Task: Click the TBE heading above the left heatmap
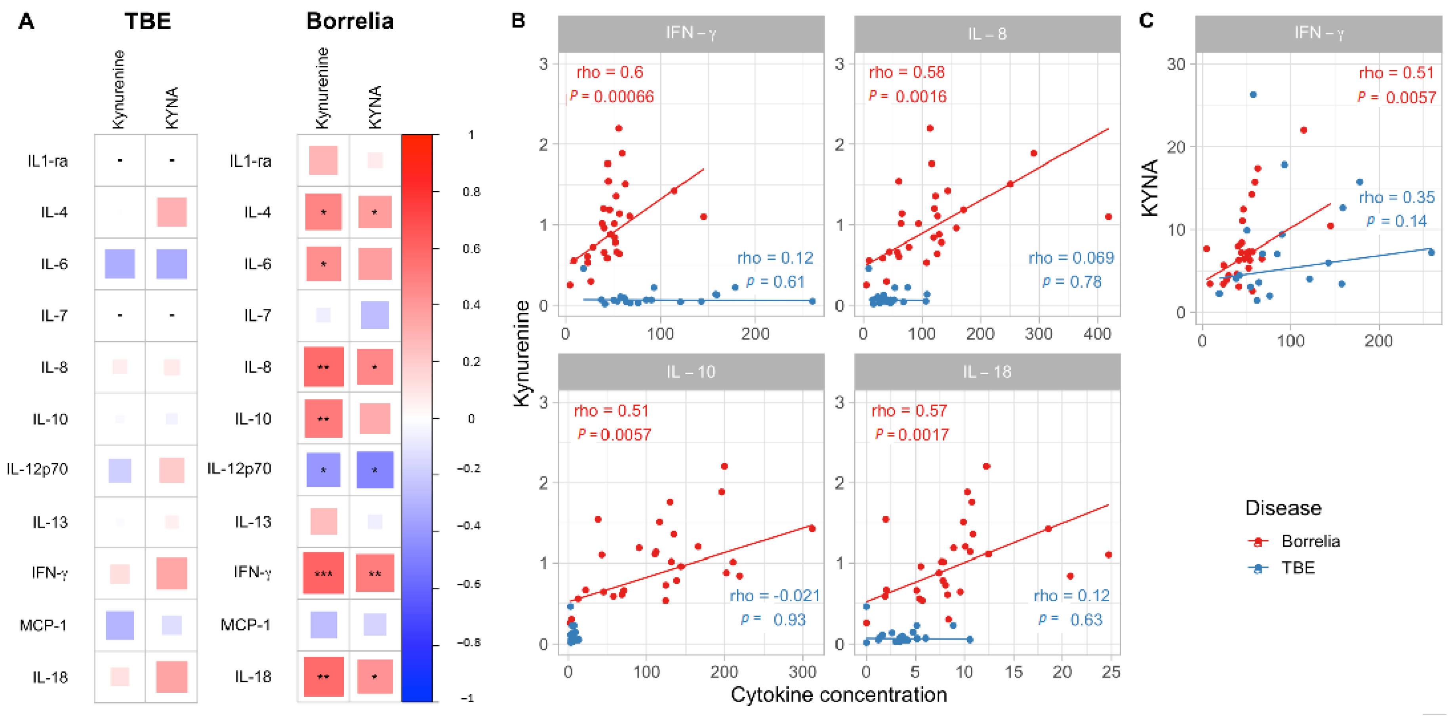click(x=147, y=21)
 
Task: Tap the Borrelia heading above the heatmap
click(x=350, y=21)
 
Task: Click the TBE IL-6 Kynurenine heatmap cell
click(x=120, y=264)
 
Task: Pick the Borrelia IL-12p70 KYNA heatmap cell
click(x=375, y=469)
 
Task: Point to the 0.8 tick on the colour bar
click(x=471, y=192)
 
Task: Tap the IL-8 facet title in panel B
click(x=987, y=34)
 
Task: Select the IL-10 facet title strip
click(x=691, y=372)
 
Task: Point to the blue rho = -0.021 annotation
click(x=774, y=595)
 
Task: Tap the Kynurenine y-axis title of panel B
click(x=522, y=353)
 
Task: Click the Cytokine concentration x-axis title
click(x=839, y=694)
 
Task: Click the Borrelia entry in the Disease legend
click(x=1310, y=541)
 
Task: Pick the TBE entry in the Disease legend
click(x=1298, y=567)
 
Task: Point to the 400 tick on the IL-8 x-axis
click(x=1097, y=334)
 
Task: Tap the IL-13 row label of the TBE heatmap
click(x=50, y=522)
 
